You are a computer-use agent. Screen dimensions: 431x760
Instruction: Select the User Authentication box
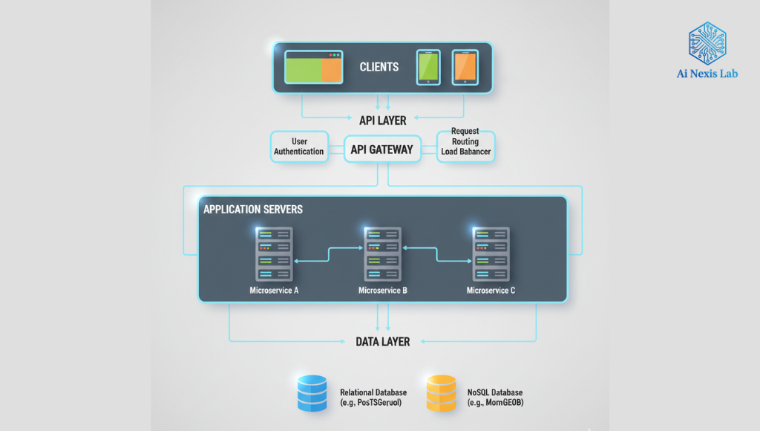pos(299,146)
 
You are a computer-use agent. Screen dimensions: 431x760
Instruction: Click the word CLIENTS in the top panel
pos(379,67)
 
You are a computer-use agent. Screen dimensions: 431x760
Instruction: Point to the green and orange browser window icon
pos(314,67)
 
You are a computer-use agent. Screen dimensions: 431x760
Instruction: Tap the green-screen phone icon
pos(428,68)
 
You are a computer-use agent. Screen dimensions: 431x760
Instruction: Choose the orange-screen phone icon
pos(465,68)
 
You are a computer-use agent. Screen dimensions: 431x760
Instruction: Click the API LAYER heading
pos(383,120)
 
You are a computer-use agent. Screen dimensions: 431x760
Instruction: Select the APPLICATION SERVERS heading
pos(253,210)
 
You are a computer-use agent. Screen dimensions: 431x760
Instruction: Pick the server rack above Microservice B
pos(383,254)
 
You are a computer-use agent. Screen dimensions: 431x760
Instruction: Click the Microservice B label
pos(383,291)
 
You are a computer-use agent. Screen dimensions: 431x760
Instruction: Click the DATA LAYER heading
pos(383,342)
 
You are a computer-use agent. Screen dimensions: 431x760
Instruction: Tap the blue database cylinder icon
pos(312,394)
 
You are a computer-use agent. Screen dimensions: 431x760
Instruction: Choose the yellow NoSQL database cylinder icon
pos(441,394)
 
